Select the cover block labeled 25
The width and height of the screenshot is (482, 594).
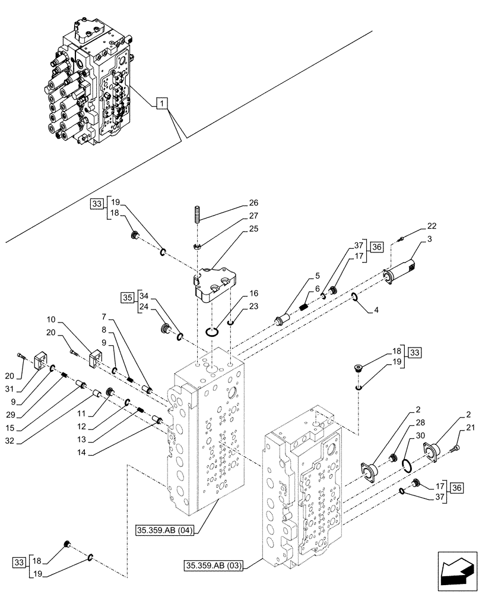click(213, 285)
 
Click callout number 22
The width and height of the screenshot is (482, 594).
click(431, 226)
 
